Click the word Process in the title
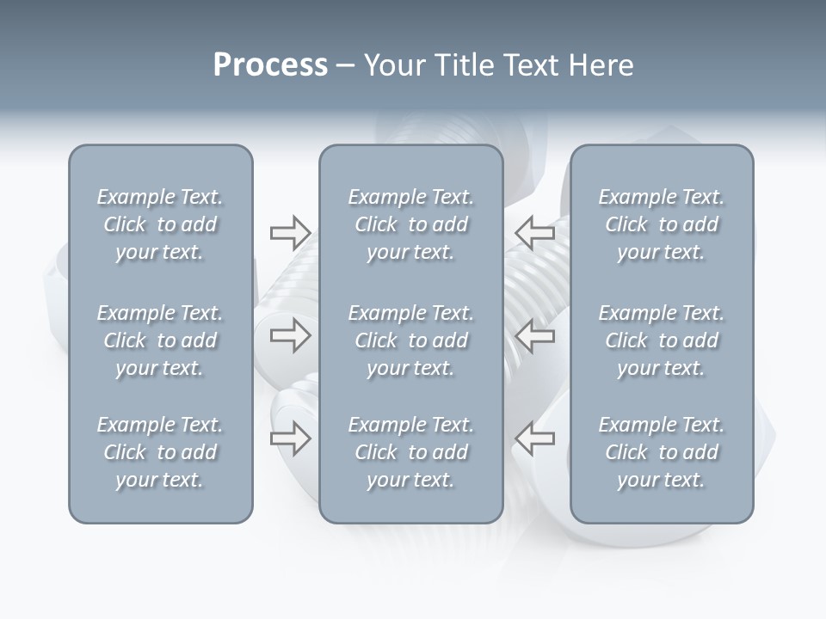[270, 65]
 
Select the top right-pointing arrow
[290, 232]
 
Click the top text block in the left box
[160, 224]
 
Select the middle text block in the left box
[160, 340]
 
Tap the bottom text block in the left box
[160, 452]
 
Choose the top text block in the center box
[410, 224]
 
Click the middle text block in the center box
[410, 340]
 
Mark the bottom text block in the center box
[410, 452]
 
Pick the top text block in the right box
[661, 224]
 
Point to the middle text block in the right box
[661, 340]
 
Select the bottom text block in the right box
[661, 452]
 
